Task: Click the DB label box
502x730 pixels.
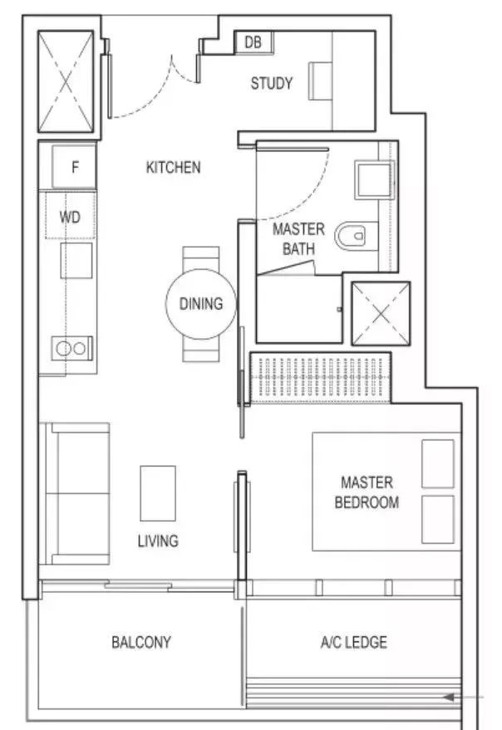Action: click(253, 42)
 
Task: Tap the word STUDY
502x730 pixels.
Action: click(272, 83)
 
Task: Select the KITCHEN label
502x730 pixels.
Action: click(174, 167)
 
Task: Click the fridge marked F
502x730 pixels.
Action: click(74, 167)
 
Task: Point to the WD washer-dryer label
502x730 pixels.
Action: click(70, 217)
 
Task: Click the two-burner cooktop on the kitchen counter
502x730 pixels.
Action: click(71, 348)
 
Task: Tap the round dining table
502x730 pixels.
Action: click(201, 304)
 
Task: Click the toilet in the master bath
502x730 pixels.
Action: click(356, 236)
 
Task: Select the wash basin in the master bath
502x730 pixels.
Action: click(375, 180)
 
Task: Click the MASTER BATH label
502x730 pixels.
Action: click(298, 239)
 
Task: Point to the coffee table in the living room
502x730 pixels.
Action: click(158, 493)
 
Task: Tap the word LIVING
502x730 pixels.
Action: click(158, 541)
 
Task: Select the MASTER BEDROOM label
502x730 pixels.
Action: click(367, 492)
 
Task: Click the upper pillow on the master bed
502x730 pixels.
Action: click(438, 463)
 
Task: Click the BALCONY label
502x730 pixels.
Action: click(141, 642)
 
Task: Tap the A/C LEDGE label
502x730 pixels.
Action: click(354, 642)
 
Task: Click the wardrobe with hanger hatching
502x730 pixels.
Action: click(321, 378)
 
